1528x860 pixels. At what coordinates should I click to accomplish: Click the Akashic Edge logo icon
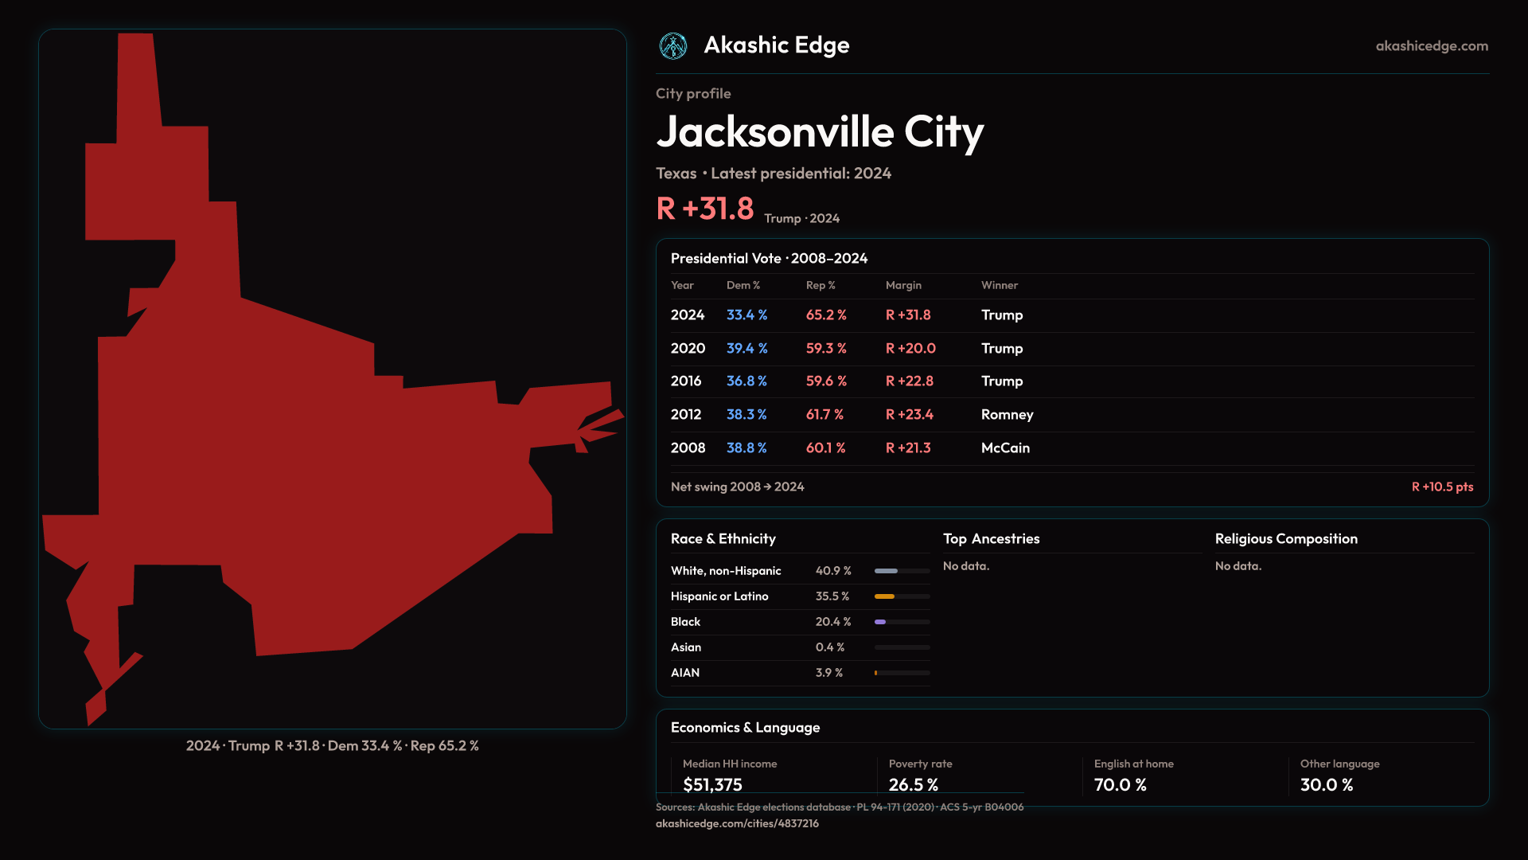click(x=673, y=46)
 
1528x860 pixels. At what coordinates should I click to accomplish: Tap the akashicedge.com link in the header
click(x=1432, y=46)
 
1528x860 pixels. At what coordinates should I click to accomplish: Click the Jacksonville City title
click(x=820, y=131)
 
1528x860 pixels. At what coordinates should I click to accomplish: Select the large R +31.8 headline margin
click(x=704, y=209)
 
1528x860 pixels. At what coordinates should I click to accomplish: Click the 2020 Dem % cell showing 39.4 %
click(x=746, y=348)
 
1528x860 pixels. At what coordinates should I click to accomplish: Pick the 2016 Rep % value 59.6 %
click(x=826, y=381)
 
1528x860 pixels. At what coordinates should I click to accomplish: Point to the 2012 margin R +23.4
click(x=909, y=415)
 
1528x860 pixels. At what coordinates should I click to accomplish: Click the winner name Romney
click(x=1007, y=415)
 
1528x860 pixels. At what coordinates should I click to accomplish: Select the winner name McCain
click(x=1005, y=448)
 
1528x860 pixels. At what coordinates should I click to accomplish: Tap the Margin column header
click(x=903, y=285)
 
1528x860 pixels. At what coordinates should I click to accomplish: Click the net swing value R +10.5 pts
click(x=1442, y=487)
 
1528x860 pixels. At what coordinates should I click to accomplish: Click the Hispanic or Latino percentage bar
click(x=902, y=596)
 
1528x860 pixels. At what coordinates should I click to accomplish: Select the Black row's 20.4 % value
click(x=833, y=622)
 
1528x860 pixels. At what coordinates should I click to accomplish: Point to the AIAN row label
click(x=685, y=673)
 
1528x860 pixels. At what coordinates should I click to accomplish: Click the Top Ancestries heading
click(x=991, y=539)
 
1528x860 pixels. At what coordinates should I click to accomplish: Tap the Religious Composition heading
click(x=1286, y=539)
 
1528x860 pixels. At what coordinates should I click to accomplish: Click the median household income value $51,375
click(x=712, y=784)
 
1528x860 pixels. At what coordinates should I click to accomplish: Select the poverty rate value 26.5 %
click(x=913, y=784)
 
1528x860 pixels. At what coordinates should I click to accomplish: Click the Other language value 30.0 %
click(x=1326, y=784)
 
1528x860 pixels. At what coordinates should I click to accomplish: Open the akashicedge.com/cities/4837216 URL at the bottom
click(x=737, y=823)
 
